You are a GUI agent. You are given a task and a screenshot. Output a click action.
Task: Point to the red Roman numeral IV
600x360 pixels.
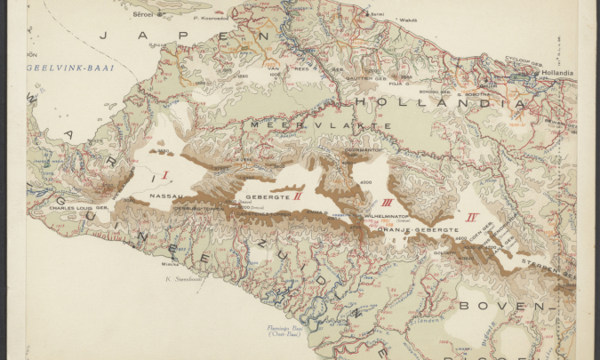[x=473, y=216]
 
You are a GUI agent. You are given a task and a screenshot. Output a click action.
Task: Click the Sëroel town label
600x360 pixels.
[x=143, y=13]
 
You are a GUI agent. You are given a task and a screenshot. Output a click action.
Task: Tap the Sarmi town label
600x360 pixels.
[x=378, y=14]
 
